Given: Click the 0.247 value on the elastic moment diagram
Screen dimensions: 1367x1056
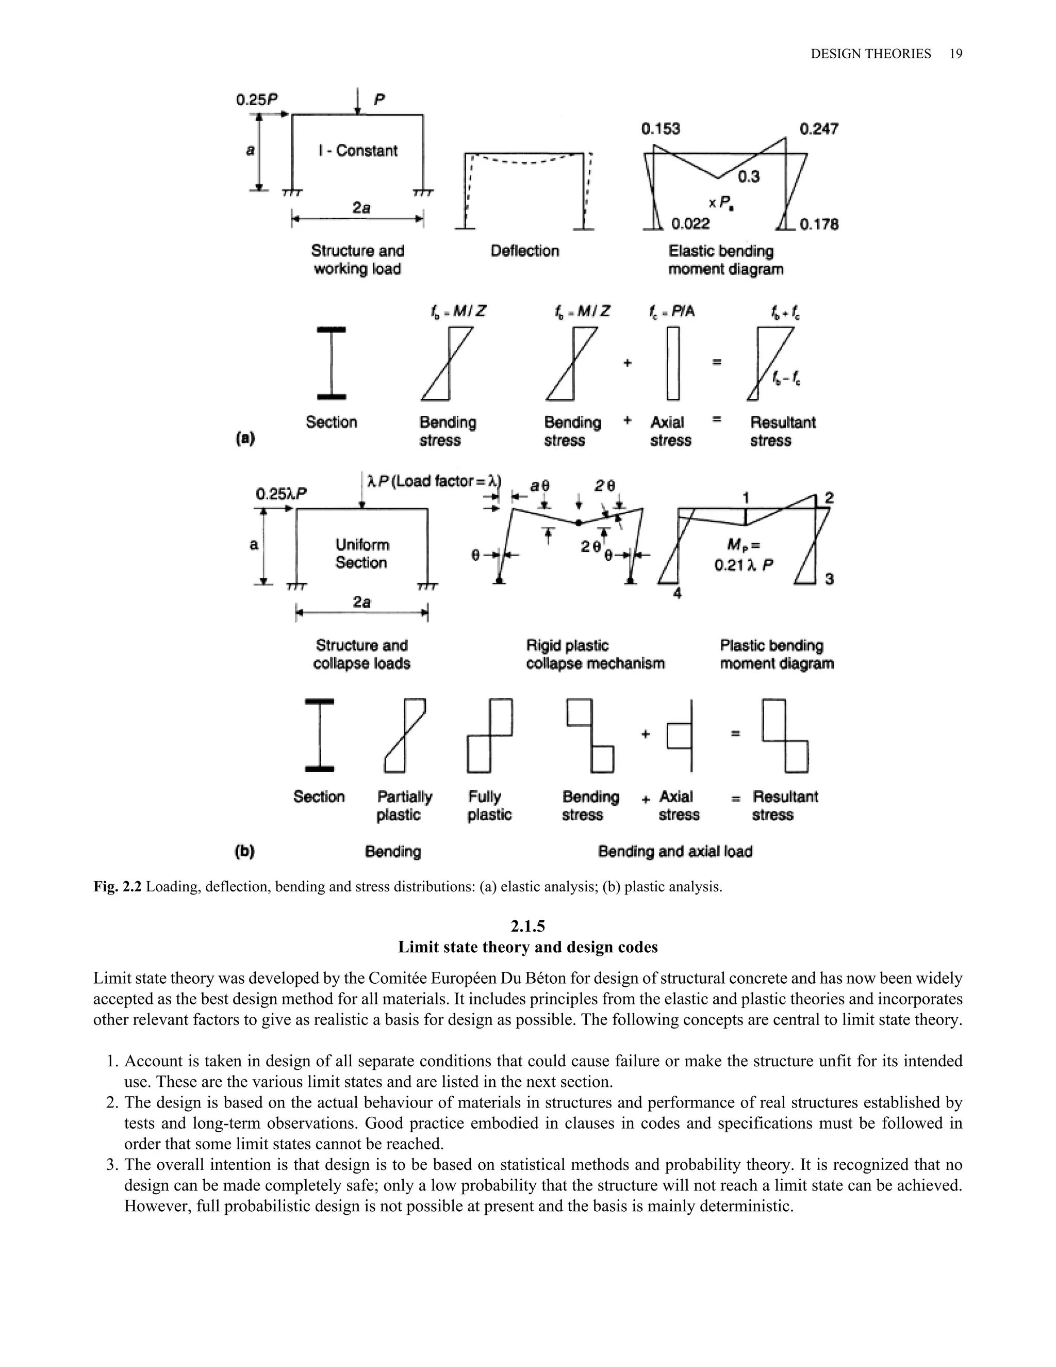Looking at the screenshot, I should [x=818, y=129].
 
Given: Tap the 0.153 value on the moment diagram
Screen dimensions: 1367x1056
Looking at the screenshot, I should [x=660, y=129].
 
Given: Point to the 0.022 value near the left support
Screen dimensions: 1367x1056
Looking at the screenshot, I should [x=690, y=224].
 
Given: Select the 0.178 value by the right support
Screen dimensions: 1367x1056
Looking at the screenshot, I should [x=819, y=224].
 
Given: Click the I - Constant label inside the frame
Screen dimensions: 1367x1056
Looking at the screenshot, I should [x=358, y=151].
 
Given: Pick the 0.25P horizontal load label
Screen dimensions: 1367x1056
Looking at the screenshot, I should [x=256, y=100].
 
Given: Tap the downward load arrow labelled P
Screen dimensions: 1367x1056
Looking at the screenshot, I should [x=357, y=102].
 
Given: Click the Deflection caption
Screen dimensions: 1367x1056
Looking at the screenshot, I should [x=524, y=251].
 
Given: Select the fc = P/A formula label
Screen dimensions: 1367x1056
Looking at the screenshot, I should [x=671, y=311].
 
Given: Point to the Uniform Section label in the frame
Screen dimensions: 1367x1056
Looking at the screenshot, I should [x=361, y=554].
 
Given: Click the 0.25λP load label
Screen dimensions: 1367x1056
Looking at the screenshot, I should [x=281, y=494].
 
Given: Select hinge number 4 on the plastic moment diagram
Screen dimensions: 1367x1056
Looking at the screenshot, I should [x=677, y=593].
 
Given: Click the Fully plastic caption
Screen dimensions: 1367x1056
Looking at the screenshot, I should [x=489, y=806].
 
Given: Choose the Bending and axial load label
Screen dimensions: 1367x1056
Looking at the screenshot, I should [x=675, y=851].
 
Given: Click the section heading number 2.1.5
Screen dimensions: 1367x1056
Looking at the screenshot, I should [x=527, y=926].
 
